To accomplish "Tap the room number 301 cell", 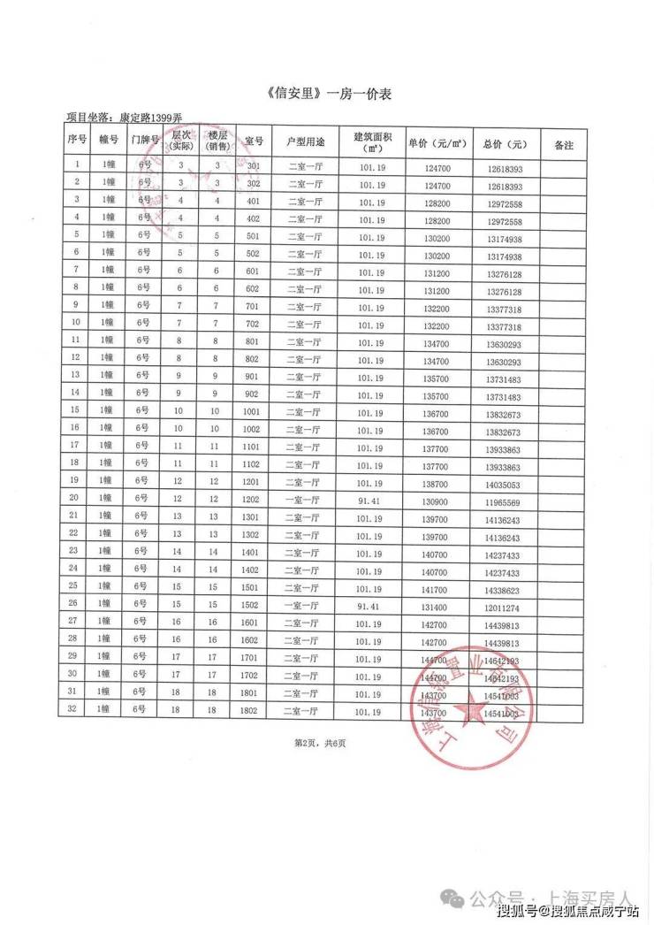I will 254,166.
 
